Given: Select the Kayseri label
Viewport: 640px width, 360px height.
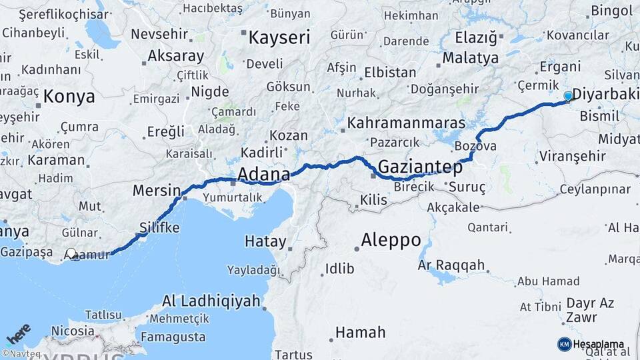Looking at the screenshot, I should (279, 37).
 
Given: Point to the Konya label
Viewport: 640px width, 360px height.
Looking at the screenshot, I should (69, 97).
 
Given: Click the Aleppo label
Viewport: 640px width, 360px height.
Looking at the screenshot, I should (391, 239).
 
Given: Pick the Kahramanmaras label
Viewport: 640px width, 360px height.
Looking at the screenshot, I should (406, 123).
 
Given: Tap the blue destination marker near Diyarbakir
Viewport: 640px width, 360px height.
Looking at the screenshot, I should (568, 96).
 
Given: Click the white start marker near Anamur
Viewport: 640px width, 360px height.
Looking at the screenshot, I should (72, 254).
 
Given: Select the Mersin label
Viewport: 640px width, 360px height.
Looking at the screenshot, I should (157, 190).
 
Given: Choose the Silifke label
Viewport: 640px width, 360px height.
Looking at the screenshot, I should (159, 228).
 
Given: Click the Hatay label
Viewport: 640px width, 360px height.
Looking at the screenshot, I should (265, 241).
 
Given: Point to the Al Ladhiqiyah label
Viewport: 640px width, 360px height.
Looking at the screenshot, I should (211, 301).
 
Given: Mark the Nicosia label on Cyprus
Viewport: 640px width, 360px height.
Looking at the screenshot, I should (72, 331).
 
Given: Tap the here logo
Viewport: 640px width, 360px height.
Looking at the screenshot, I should (18, 334).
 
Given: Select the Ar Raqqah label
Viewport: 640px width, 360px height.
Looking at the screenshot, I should (451, 265).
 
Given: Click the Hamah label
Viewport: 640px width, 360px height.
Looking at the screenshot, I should (360, 332).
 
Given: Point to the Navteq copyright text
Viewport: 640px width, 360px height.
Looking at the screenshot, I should (23, 354).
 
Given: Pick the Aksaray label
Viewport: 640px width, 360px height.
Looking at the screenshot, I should (176, 55).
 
